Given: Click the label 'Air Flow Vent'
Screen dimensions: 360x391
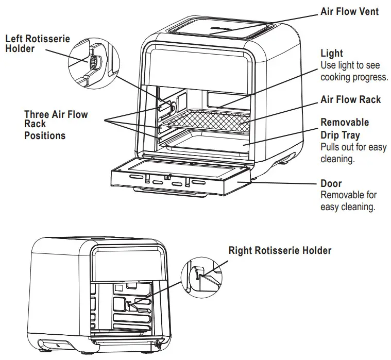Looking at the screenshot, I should point(349,11).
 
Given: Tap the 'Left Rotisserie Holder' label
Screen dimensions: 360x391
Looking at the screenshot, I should point(37,44).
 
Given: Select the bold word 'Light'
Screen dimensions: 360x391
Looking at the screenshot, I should point(331,53).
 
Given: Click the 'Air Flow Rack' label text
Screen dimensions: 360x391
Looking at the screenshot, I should point(350,99).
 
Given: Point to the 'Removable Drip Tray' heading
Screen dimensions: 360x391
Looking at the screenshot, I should point(345,129).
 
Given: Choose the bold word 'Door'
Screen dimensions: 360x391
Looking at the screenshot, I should point(331,183).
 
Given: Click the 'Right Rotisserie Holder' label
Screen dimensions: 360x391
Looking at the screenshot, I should point(280,250).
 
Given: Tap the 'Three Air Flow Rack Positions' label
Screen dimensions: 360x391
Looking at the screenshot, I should point(56,124).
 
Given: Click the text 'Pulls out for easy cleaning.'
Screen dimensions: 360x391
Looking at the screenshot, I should point(353,153).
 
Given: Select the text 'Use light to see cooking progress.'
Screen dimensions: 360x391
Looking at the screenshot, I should point(354,71).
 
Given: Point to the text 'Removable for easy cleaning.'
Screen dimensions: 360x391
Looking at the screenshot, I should point(348,201).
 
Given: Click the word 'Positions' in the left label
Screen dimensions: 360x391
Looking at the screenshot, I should point(45,135).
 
